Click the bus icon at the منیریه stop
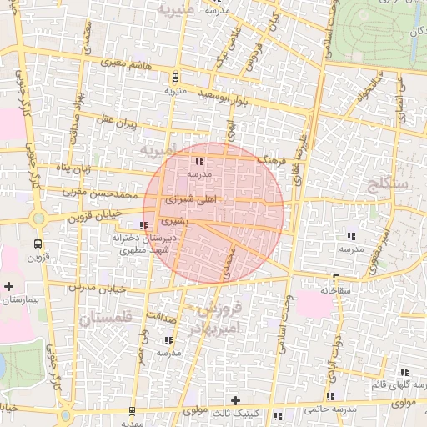174,77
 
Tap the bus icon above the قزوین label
38,244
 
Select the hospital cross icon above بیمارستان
8,286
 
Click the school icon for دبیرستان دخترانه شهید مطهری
145,225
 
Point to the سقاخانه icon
336,279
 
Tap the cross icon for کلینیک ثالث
235,400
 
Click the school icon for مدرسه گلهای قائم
404,372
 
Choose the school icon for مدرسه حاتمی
331,396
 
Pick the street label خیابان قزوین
93,216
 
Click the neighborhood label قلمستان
105,319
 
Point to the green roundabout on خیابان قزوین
38,219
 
